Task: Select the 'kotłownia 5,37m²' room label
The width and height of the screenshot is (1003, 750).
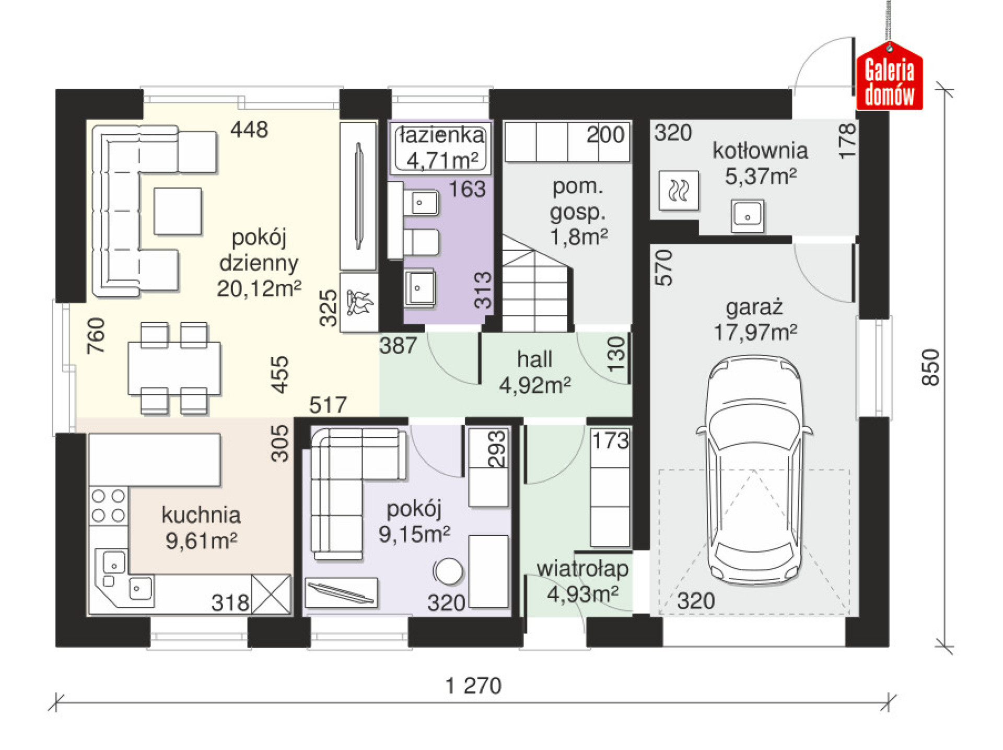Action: coord(760,163)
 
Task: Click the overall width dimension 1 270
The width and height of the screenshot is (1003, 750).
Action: coord(473,686)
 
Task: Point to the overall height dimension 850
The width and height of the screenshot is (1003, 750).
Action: coord(930,368)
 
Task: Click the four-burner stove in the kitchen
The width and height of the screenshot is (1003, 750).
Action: coord(109,506)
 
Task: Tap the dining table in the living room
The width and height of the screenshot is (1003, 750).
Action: coord(174,368)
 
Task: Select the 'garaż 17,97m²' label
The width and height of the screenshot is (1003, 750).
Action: coord(755,320)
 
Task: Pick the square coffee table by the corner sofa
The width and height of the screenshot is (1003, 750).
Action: coord(178,211)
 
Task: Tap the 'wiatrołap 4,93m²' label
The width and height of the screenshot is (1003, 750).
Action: coord(582,581)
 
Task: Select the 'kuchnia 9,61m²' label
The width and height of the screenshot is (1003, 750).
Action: coord(201,528)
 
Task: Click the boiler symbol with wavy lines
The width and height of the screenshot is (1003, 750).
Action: coord(679,190)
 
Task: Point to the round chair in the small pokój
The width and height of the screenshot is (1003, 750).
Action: coord(448,571)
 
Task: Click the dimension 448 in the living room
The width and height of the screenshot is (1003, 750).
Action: coord(249,130)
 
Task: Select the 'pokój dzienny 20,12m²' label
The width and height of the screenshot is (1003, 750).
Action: coord(259,263)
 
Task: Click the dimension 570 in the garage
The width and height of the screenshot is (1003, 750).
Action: coord(664,267)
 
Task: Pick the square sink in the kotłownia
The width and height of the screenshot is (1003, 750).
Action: coord(748,216)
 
